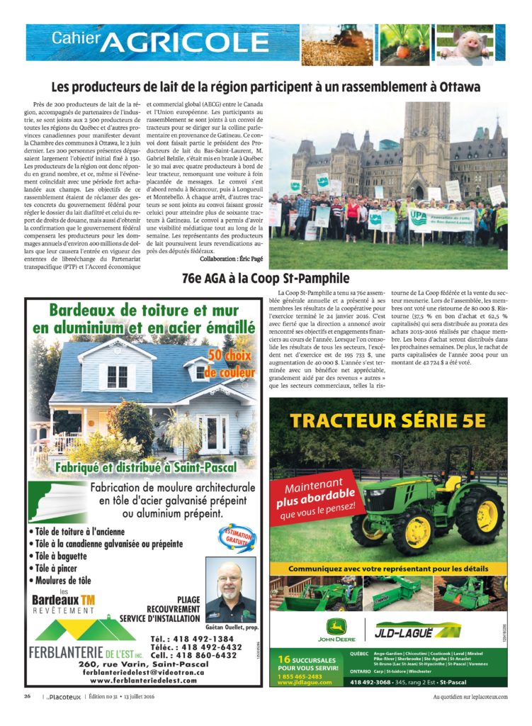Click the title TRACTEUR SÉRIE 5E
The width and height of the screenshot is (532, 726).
(388, 420)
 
